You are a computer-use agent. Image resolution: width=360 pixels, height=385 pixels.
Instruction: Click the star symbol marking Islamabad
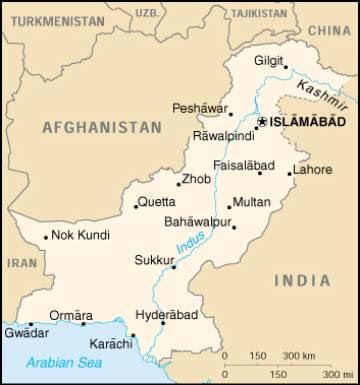(262, 121)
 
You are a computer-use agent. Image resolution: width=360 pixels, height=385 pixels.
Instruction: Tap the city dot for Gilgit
(285, 67)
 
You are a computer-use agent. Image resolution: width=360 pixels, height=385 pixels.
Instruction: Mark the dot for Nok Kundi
(46, 237)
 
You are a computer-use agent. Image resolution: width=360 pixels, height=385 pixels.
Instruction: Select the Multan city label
(251, 202)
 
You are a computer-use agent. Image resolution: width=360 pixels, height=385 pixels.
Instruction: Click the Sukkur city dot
(174, 266)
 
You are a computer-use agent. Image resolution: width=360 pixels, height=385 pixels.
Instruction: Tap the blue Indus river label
(185, 241)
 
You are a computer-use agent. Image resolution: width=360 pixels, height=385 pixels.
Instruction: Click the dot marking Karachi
(131, 335)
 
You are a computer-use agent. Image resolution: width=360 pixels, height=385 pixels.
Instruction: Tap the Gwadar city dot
(31, 324)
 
